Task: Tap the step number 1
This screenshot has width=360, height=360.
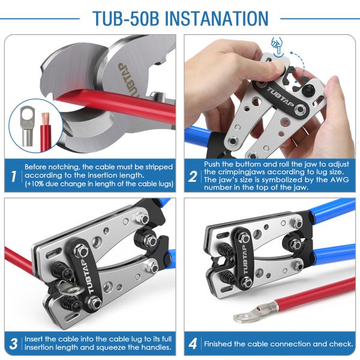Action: [13, 176]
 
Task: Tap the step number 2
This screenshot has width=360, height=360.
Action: [193, 176]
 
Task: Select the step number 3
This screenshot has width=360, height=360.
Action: [13, 344]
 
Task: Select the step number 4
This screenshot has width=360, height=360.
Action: [193, 344]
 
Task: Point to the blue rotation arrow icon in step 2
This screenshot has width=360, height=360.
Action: [277, 44]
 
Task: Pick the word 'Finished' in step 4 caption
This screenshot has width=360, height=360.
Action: [220, 344]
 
